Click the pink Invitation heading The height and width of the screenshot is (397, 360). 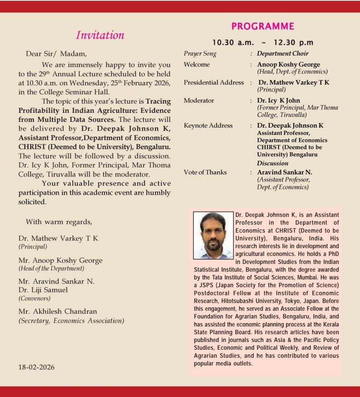click(100, 35)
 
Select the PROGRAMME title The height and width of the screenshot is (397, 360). click(263, 26)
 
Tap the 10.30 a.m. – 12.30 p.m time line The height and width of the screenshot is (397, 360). click(263, 43)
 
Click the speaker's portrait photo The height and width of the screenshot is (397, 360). click(214, 235)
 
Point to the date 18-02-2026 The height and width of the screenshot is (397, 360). click(36, 367)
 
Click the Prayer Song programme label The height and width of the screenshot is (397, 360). click(200, 54)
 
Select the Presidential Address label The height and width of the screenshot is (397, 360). click(214, 83)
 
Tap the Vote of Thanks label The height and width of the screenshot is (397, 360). click(205, 172)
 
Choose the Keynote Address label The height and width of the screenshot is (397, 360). click(208, 126)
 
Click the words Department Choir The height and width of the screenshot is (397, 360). click(282, 54)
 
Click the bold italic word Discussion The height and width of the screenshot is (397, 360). click(272, 163)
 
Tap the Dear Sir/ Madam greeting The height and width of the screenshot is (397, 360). click(57, 54)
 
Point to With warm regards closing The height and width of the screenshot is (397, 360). click(59, 222)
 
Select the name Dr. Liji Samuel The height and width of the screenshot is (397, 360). click(43, 290)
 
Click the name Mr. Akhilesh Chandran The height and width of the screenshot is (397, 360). click(58, 312)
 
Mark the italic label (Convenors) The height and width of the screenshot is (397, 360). click(34, 299)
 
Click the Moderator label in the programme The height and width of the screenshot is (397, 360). click(199, 100)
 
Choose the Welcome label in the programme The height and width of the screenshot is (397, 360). click(196, 64)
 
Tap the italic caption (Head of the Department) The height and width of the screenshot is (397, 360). click(51, 268)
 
